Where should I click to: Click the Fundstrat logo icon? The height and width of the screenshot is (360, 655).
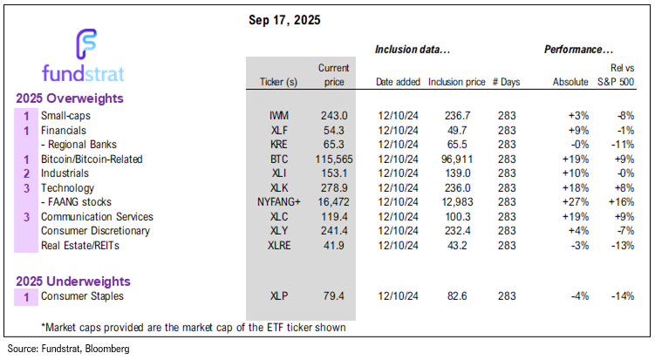pos(87,44)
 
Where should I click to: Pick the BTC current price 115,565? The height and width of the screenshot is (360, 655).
pos(331,160)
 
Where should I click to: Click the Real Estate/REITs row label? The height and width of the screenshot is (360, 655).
pos(81,246)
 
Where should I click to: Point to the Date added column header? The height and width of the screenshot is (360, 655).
pos(398,82)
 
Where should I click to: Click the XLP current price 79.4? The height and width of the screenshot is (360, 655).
pos(334,297)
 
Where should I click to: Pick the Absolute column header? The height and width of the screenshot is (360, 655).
pos(570,82)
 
